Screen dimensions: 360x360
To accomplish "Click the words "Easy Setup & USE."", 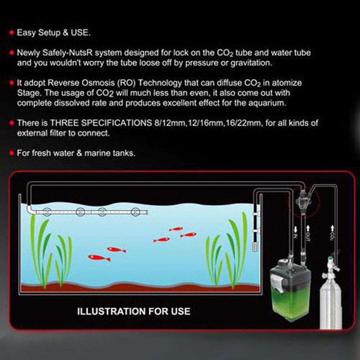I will point(54,33).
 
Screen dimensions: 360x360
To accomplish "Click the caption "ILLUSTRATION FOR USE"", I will point(134,311).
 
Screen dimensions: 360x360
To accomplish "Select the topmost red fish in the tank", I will point(176,229).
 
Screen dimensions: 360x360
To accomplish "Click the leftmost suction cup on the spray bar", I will point(46,212).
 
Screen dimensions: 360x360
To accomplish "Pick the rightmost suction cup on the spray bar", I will point(136,212).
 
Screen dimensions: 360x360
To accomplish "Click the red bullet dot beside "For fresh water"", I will point(12,153).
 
